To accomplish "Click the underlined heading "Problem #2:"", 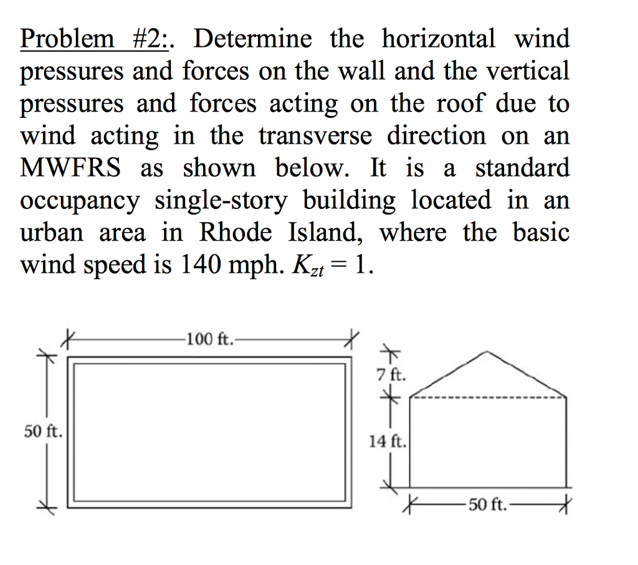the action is click(x=97, y=39).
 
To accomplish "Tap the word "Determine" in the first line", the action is click(x=252, y=39).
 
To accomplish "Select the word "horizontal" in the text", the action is click(x=439, y=39).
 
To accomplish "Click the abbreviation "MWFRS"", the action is click(x=75, y=168).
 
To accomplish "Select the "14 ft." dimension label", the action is click(x=388, y=442).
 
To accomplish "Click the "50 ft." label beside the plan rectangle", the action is click(x=42, y=431).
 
